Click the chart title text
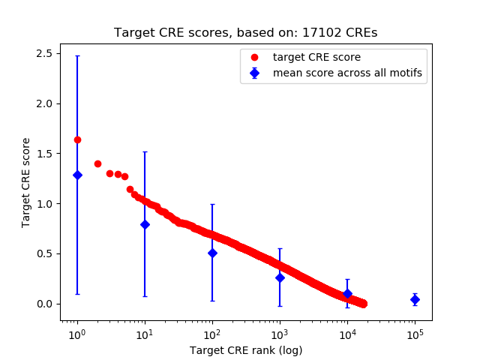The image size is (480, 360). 245,33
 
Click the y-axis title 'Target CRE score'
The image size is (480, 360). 25,182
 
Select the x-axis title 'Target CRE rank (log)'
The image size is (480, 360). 245,349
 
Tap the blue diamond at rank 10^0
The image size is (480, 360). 77,175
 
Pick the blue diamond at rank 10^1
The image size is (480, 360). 145,224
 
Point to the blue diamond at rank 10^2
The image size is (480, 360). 212,253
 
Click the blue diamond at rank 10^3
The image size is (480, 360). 280,277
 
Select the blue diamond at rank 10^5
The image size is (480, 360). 415,299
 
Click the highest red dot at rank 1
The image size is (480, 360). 77,139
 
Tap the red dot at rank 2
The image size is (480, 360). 97,163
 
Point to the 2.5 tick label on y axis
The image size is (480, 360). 43,53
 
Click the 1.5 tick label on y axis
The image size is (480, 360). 43,154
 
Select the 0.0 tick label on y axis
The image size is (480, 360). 43,304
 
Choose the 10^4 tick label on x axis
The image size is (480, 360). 347,334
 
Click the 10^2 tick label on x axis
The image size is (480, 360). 212,334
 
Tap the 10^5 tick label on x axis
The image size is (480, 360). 415,334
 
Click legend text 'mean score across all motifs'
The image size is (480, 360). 347,73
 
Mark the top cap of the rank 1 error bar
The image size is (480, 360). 77,55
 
